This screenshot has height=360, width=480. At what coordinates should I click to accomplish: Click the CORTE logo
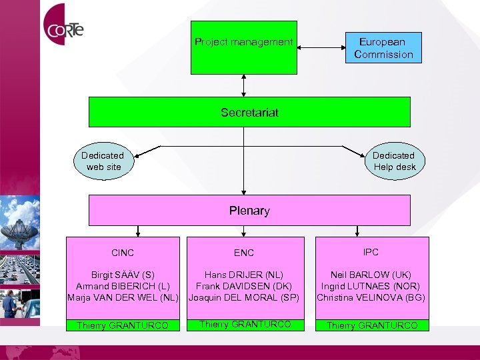[x=63, y=25]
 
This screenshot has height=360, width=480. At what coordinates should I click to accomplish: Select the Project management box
[x=244, y=48]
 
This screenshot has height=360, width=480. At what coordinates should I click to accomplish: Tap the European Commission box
[x=383, y=48]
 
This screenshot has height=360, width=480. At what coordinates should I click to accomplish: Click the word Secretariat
[x=249, y=113]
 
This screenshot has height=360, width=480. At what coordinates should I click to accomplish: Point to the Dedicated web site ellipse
[x=104, y=161]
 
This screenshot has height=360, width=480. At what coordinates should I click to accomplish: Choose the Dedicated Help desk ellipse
[x=395, y=161]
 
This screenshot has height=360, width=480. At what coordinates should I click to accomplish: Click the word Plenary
[x=249, y=211]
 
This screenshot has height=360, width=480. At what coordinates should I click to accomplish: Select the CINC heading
[x=123, y=253]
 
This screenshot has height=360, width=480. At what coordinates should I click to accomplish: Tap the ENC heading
[x=244, y=253]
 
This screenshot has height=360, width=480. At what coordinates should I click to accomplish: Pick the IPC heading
[x=371, y=252]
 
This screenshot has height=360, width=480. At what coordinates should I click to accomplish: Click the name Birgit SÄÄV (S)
[x=123, y=275]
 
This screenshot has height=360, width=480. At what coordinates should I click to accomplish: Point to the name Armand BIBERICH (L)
[x=123, y=286]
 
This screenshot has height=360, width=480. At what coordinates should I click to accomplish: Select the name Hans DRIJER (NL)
[x=244, y=275]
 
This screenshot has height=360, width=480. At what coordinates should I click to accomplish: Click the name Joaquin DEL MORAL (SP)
[x=244, y=297]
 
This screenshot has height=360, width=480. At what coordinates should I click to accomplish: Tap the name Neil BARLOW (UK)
[x=371, y=275]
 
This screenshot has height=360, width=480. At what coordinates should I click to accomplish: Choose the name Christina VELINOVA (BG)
[x=371, y=297]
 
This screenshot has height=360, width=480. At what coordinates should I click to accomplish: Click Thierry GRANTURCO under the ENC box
[x=245, y=324]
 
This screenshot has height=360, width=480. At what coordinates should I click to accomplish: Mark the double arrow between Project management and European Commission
[x=321, y=47]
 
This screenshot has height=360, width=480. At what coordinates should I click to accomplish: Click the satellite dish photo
[x=20, y=223]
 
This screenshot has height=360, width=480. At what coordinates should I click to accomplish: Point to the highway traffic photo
[x=20, y=270]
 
